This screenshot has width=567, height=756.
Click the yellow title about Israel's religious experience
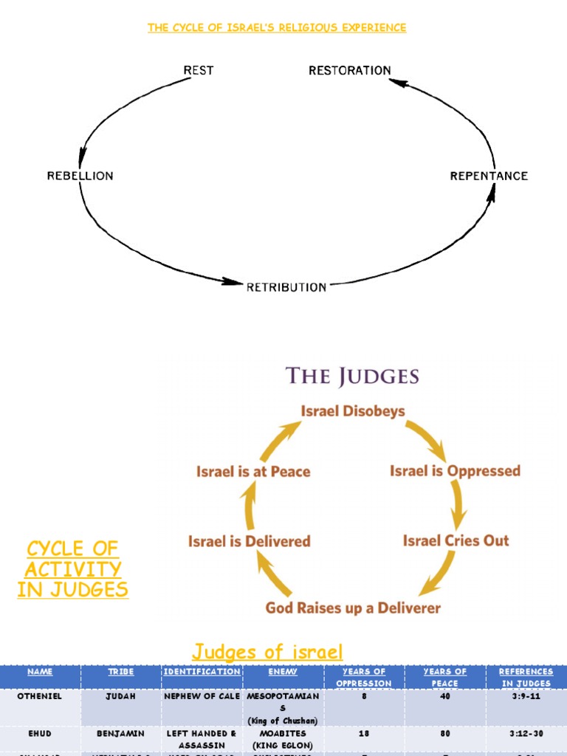[277, 28]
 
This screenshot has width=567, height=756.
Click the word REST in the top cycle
[199, 70]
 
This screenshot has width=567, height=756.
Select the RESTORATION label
[350, 70]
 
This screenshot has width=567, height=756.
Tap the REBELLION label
[80, 176]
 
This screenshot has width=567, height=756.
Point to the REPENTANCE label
[489, 176]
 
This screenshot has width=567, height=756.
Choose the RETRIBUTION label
[286, 287]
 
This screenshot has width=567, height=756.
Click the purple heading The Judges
[352, 377]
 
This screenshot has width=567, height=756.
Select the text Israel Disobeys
[352, 411]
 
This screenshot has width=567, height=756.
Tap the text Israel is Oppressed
[455, 471]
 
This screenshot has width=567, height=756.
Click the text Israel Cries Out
[456, 540]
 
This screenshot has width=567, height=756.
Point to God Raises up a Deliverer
[352, 608]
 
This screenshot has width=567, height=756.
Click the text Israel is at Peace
[252, 472]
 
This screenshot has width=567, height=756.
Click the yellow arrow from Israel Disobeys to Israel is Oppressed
[428, 439]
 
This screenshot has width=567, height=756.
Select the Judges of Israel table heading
[267, 652]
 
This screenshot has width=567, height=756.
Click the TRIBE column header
[120, 672]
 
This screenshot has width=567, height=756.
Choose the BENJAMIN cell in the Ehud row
[120, 735]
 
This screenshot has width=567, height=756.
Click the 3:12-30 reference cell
[525, 735]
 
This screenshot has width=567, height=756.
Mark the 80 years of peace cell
[445, 735]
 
